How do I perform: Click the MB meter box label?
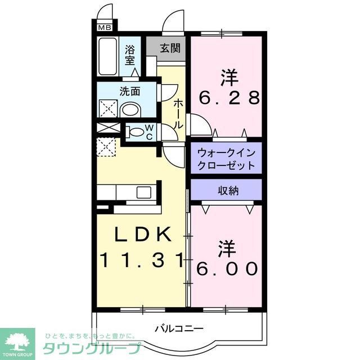coord(105,26)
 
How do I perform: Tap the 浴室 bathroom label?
coord(130,55)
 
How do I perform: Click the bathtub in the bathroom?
coord(107,57)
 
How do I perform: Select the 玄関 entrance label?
coord(169,48)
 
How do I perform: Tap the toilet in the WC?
coord(136,133)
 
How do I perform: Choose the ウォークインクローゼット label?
coord(226,159)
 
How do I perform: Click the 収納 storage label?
coord(228,191)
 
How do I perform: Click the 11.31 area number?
coord(142,260)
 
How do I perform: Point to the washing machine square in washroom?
coord(107,108)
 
